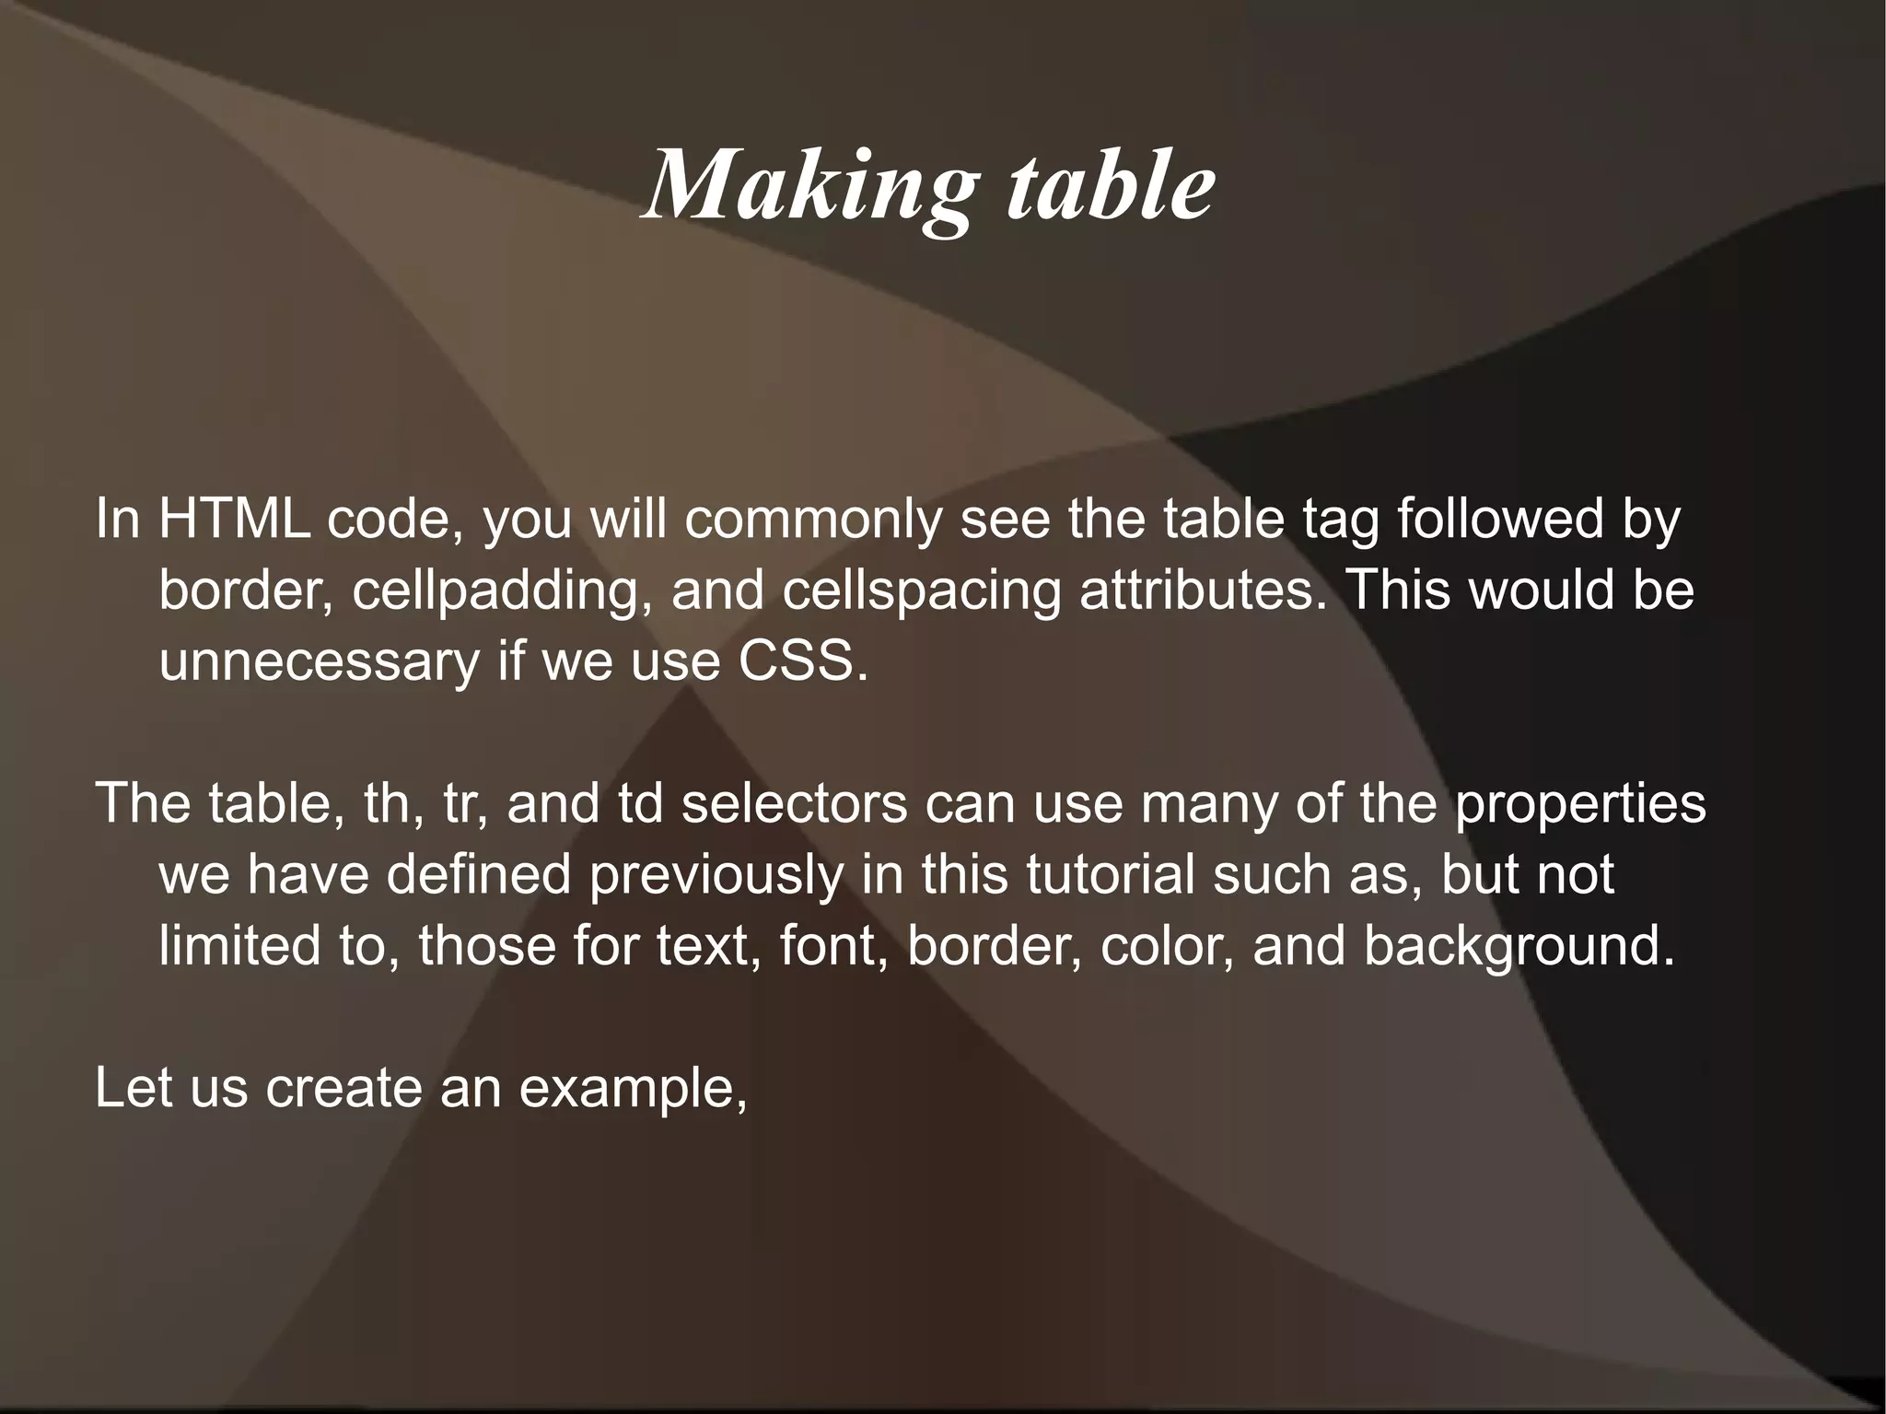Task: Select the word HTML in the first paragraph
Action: tap(234, 520)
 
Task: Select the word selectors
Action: tap(794, 803)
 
